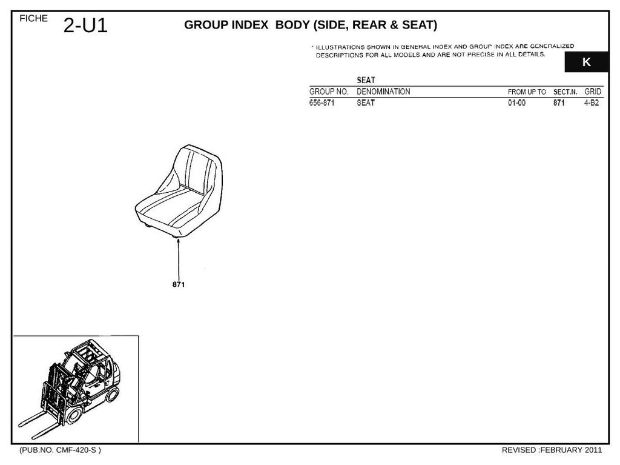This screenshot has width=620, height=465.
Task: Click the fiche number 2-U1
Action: (85, 25)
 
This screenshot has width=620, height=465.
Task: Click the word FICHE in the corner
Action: (34, 18)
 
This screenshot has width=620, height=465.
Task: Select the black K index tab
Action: (586, 62)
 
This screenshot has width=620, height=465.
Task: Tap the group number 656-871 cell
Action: (322, 103)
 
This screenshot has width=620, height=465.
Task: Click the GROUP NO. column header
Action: (329, 92)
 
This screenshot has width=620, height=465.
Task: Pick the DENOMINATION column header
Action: (383, 92)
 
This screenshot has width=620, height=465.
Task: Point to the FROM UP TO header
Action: (527, 92)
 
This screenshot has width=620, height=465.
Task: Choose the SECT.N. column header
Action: (565, 92)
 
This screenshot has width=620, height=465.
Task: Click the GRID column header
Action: (593, 92)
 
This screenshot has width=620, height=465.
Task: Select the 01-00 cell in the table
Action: (517, 103)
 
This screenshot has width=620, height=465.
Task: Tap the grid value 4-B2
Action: (592, 103)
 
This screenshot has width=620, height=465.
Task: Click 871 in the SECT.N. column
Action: (559, 103)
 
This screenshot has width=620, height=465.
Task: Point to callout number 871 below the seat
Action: (179, 284)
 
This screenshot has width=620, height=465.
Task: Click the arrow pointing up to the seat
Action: (179, 259)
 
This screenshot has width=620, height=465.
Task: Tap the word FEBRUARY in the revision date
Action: (561, 450)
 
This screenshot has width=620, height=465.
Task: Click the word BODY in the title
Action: (292, 25)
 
